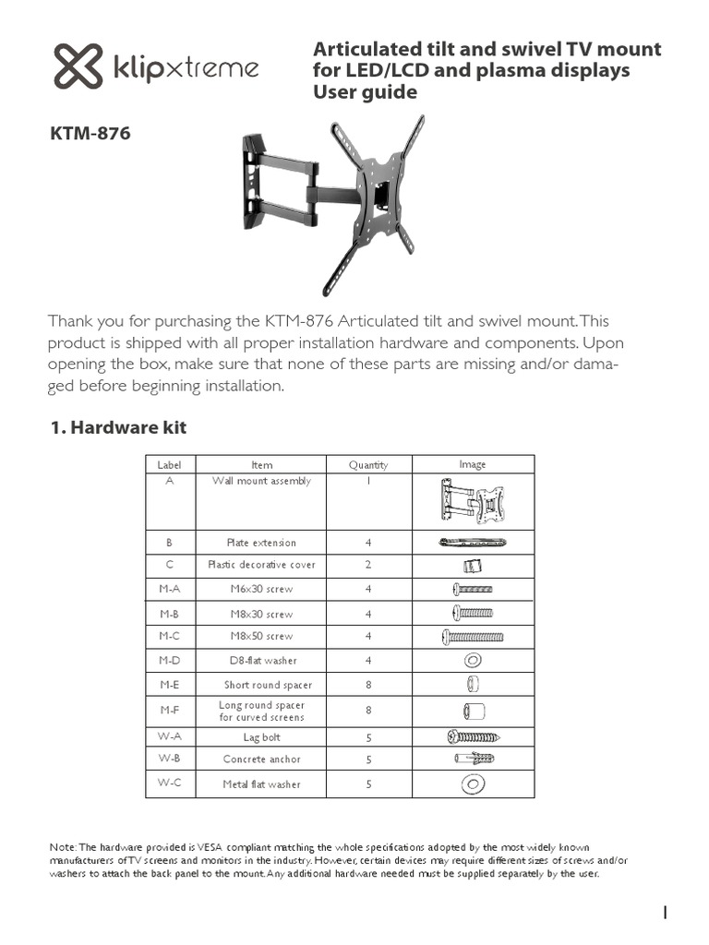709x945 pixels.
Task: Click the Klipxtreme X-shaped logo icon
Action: coord(78,67)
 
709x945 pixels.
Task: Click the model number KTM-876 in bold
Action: coord(90,134)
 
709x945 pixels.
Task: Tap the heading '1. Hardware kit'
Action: coord(116,427)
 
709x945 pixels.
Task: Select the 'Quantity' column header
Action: coord(368,465)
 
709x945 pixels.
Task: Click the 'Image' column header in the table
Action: coord(473,464)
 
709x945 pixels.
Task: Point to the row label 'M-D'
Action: coord(169,660)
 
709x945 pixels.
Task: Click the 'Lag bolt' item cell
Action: coord(262,737)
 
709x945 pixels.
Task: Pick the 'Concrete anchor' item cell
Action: coord(262,760)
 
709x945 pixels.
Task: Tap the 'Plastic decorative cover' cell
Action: coord(262,565)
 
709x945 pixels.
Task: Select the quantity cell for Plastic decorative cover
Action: coord(368,565)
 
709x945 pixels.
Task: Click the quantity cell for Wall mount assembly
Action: coord(368,481)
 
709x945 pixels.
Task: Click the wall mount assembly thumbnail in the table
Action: coord(473,504)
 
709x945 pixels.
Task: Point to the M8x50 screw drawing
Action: coord(473,637)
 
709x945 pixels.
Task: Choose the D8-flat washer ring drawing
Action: coord(473,661)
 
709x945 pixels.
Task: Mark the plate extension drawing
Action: coord(473,543)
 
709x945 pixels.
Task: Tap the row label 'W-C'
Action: coord(169,784)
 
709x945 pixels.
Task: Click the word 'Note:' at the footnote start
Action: coord(63,846)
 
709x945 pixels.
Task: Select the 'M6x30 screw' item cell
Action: coord(262,589)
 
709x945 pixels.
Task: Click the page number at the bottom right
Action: coord(666,913)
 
